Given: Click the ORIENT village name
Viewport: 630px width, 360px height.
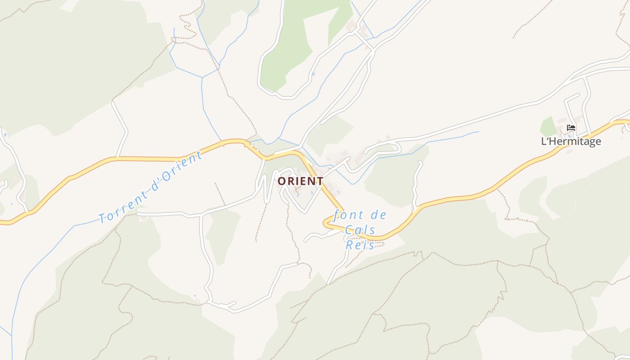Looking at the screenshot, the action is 300,181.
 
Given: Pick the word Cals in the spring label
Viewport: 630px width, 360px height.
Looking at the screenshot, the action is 360,230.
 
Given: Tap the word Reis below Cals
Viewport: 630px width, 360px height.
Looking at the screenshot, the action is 360,245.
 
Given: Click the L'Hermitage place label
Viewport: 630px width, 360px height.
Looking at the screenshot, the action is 571,141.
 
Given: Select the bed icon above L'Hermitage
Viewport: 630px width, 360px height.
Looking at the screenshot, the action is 571,128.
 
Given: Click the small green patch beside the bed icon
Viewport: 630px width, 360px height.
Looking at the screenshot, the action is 548,126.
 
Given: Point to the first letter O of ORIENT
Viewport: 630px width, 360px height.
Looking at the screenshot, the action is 281,181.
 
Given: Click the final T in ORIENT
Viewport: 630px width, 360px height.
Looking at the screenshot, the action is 320,181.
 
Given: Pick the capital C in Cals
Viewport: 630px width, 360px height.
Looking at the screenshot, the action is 349,230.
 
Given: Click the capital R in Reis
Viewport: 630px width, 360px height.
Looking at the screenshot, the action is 350,245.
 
